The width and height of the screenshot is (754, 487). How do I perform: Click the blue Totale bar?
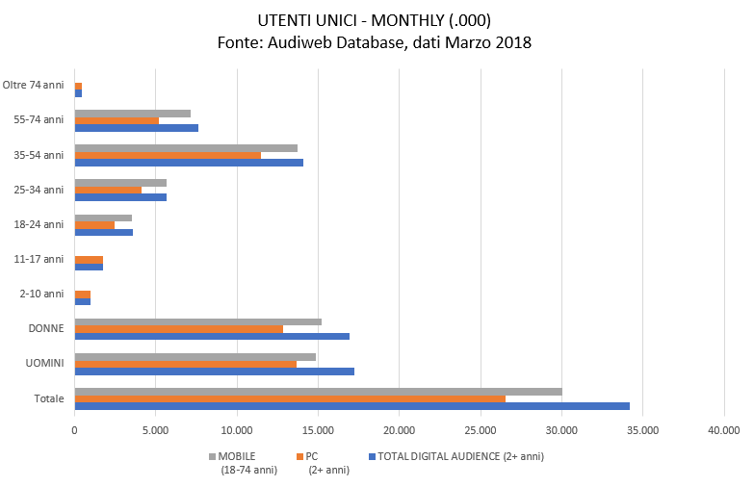[351, 406]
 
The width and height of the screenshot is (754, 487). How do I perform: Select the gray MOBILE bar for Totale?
[318, 392]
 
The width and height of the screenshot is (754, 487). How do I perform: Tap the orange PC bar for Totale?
[290, 398]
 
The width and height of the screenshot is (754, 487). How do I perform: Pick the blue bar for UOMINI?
[214, 372]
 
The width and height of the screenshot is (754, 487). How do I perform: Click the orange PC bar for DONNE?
[178, 329]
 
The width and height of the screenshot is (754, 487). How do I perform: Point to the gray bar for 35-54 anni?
[186, 148]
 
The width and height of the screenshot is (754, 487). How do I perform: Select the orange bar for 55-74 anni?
[117, 120]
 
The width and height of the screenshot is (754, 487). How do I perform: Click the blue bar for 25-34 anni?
[120, 197]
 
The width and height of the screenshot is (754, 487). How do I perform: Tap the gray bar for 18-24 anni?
[103, 218]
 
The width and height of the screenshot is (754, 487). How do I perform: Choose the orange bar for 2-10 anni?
[83, 295]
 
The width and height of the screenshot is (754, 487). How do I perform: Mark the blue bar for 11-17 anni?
[89, 267]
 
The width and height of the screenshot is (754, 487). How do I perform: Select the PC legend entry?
[318, 456]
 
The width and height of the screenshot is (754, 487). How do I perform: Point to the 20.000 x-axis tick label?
[399, 430]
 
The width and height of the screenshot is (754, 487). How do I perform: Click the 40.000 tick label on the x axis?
[723, 430]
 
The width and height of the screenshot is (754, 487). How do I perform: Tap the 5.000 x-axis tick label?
[155, 430]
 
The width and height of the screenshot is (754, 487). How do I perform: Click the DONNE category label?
[46, 329]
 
